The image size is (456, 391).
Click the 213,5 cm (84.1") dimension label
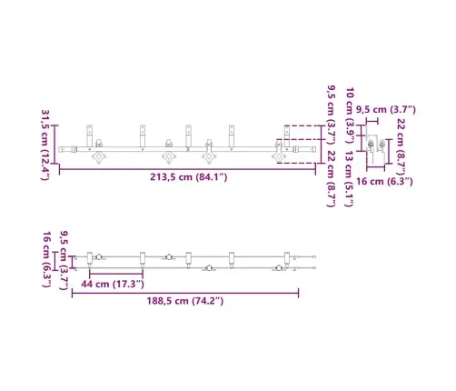point(189,177)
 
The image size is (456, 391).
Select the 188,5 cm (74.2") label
point(185,301)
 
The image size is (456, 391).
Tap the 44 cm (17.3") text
point(113,285)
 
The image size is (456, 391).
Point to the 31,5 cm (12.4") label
point(45,145)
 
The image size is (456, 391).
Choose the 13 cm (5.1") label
point(349,179)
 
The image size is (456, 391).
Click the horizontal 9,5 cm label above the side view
point(386,110)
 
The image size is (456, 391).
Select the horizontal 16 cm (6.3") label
point(384,182)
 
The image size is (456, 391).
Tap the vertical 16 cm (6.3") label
point(46,259)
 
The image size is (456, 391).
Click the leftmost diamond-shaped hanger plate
point(99,157)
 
